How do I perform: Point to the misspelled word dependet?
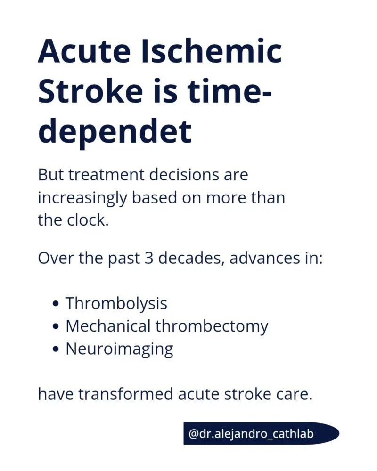pos(115,131)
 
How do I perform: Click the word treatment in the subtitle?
pos(108,175)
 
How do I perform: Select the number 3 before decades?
pos(149,258)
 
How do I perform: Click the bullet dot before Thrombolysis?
pos(55,303)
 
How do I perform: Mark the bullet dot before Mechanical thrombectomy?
pos(55,326)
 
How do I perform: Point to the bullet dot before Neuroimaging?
pos(55,349)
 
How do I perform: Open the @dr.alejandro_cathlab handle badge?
pos(261,433)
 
